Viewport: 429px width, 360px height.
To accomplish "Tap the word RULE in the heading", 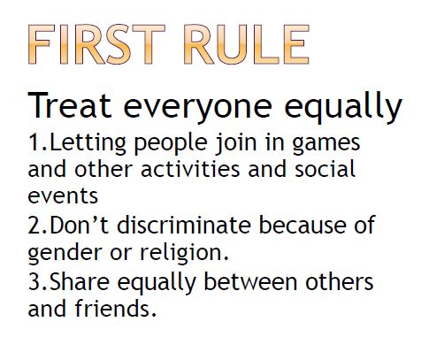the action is (247, 44).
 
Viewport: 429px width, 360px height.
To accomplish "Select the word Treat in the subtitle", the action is (70, 105).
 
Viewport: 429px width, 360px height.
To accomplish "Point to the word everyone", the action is (197, 109).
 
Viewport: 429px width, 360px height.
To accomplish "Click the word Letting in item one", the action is (88, 144).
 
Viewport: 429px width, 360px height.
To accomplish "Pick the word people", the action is (171, 145).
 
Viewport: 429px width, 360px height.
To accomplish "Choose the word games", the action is (326, 146).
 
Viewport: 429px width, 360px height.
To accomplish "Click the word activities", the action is (190, 169).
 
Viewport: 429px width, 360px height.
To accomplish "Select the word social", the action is (326, 169).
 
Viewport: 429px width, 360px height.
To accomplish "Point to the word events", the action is (63, 195).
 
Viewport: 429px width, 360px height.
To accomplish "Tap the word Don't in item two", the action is (80, 225).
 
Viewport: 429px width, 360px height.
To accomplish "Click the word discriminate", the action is (184, 225).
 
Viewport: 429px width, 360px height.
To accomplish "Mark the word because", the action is (303, 225).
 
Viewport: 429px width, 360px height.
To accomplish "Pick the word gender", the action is (65, 254).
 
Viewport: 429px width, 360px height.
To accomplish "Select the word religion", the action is (184, 254).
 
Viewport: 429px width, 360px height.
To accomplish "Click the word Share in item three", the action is (80, 281).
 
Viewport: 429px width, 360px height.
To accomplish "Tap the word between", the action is (250, 281).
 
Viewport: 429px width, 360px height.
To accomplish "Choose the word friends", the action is (115, 309).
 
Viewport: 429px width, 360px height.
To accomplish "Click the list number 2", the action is (34, 226).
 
